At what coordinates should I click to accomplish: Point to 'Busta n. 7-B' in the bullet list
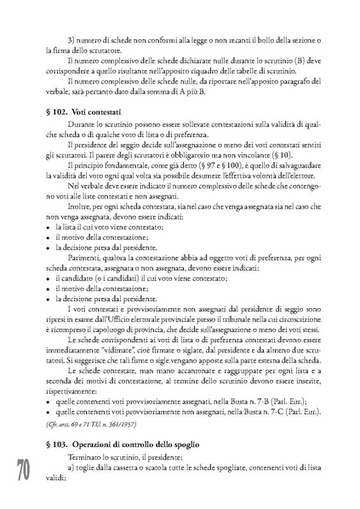point(265,397)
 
